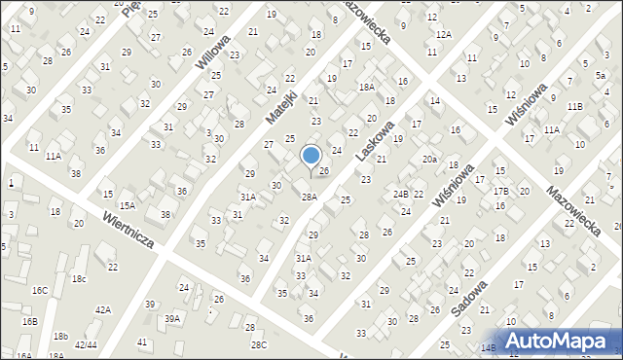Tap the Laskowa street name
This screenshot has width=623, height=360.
point(375,141)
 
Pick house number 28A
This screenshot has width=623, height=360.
point(309,197)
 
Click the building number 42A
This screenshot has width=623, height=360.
point(102,309)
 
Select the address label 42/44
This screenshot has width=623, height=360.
point(86,344)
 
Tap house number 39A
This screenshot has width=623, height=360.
point(172,318)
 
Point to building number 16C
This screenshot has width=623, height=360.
point(40,290)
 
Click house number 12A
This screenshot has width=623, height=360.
point(444,34)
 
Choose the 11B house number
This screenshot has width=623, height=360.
point(574,106)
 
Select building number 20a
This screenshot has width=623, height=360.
point(429,159)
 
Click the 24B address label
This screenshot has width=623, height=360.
point(400,195)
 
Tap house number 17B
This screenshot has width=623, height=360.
point(500,192)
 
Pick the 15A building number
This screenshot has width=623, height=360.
point(128,205)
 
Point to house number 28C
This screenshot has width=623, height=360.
point(258,344)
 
